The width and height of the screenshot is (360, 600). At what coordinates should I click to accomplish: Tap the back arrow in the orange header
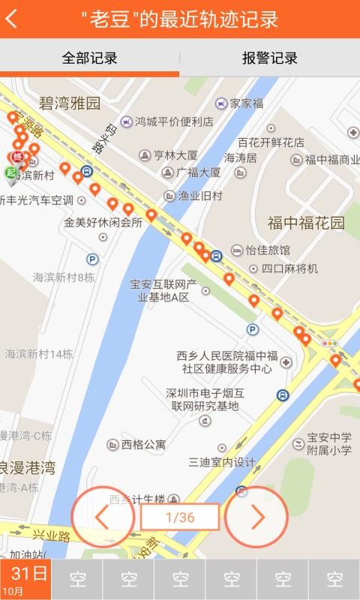(12, 19)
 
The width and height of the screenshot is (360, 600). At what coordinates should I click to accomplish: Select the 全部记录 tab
(89, 58)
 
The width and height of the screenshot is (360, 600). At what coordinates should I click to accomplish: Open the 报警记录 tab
(269, 58)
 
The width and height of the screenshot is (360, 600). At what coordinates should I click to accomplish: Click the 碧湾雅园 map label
(70, 103)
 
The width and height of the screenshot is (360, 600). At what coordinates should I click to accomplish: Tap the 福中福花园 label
(306, 223)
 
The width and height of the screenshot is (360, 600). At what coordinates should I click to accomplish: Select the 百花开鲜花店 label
(271, 142)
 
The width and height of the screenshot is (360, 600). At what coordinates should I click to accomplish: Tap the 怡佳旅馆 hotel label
(267, 250)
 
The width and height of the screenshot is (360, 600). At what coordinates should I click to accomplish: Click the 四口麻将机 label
(289, 268)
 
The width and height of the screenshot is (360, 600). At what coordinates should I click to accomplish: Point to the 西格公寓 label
(143, 444)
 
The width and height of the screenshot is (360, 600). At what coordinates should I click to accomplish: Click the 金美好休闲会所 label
(103, 223)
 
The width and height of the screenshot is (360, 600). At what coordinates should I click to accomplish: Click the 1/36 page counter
(180, 517)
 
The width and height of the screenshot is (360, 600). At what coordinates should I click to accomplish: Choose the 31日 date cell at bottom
(25, 580)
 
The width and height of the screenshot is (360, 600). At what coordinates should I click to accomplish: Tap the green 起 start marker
(10, 173)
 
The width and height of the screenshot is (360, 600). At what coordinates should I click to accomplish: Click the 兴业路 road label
(51, 537)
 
